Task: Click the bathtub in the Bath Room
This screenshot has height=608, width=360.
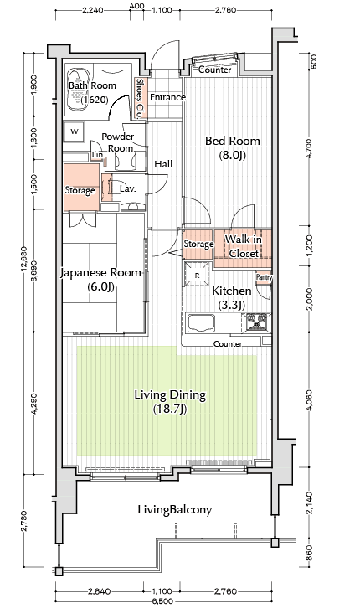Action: (x=79, y=90)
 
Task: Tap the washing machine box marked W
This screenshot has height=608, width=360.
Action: (x=75, y=131)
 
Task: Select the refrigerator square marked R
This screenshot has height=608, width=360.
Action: (x=198, y=275)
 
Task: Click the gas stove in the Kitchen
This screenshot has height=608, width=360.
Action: (x=256, y=322)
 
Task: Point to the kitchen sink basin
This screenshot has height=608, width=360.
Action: (x=201, y=323)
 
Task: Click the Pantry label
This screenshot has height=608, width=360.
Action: (x=264, y=278)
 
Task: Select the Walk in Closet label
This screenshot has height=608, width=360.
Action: (x=244, y=246)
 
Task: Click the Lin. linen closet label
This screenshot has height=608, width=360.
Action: (x=98, y=155)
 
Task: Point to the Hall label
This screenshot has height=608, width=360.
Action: (x=163, y=164)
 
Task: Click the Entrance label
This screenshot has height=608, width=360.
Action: (x=167, y=97)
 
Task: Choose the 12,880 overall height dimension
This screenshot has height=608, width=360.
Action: (x=23, y=259)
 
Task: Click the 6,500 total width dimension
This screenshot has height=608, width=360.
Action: (x=162, y=601)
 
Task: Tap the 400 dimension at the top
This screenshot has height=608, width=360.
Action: (x=136, y=6)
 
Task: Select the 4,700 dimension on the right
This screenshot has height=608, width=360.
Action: (x=308, y=148)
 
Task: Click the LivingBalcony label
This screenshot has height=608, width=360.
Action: (x=175, y=509)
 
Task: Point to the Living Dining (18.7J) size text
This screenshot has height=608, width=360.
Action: (x=170, y=409)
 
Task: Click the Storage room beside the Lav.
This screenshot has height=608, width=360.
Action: (x=80, y=188)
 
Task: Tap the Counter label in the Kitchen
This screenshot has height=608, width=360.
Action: (x=228, y=343)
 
